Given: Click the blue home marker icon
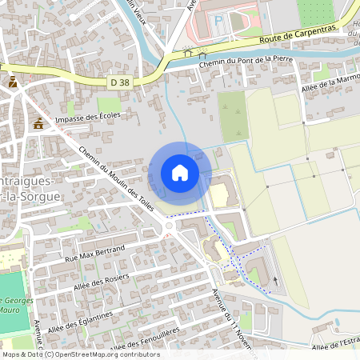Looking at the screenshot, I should coord(180,173).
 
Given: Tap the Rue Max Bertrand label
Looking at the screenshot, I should coord(95,254).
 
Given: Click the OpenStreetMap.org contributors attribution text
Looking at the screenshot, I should coord(107,354).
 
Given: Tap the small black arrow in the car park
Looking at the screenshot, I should coord(276,280).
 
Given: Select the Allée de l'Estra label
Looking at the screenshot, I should coord(335,345).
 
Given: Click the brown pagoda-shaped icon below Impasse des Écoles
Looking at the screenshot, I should coord(39,123).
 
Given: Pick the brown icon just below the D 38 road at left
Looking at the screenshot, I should coord(13,82).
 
